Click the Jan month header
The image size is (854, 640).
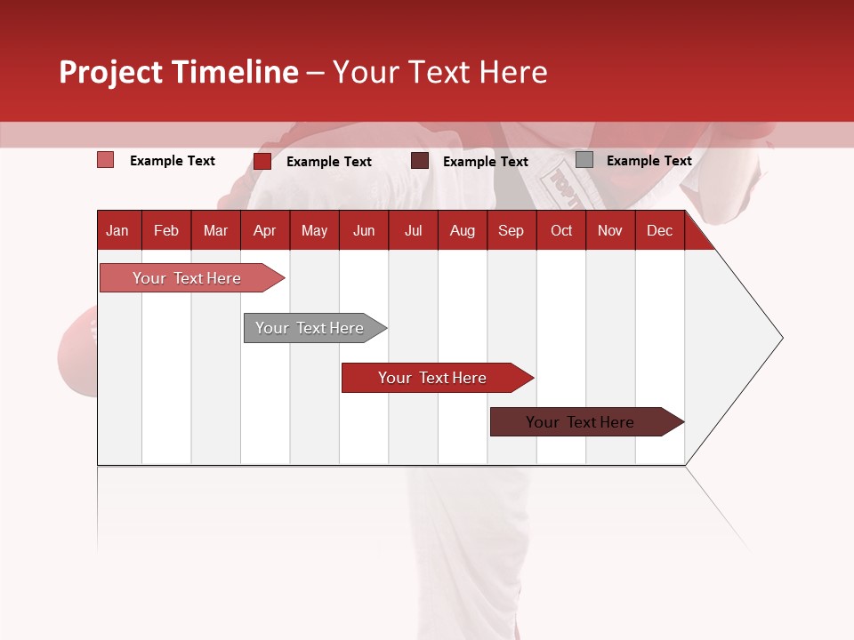117,231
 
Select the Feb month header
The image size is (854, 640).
166,231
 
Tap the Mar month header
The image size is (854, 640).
215,231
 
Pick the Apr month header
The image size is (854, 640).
264,231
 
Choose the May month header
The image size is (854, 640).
314,231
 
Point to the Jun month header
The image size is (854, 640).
364,231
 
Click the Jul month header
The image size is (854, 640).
413,231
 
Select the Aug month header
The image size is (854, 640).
462,231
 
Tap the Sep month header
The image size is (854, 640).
511,231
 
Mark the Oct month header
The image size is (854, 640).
561,231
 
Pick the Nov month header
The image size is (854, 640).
610,231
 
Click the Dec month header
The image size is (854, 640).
659,231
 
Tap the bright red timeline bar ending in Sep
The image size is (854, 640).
433,378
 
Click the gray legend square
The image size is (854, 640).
584,160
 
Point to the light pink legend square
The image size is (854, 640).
105,160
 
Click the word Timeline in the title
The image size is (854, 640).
235,72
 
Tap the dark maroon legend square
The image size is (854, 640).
420,161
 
